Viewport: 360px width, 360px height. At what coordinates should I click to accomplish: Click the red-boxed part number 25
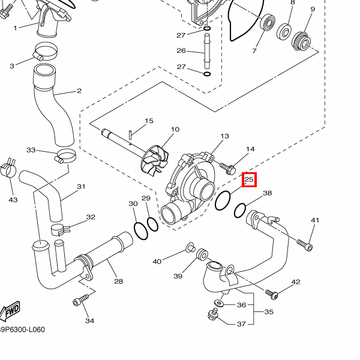[x=250, y=179]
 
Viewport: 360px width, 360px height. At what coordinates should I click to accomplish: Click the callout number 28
[x=118, y=281]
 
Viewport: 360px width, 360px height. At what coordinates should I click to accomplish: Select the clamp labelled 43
[x=9, y=169]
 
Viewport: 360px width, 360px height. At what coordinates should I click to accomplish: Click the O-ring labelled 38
[x=240, y=211]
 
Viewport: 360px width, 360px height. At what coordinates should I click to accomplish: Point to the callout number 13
[x=225, y=137]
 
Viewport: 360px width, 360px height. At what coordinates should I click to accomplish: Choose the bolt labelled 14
[x=229, y=166]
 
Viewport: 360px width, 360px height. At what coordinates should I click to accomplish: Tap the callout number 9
[x=312, y=9]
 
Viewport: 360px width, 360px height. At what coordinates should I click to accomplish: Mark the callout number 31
[x=82, y=187]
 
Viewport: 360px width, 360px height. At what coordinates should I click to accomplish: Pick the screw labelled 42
[x=274, y=295]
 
